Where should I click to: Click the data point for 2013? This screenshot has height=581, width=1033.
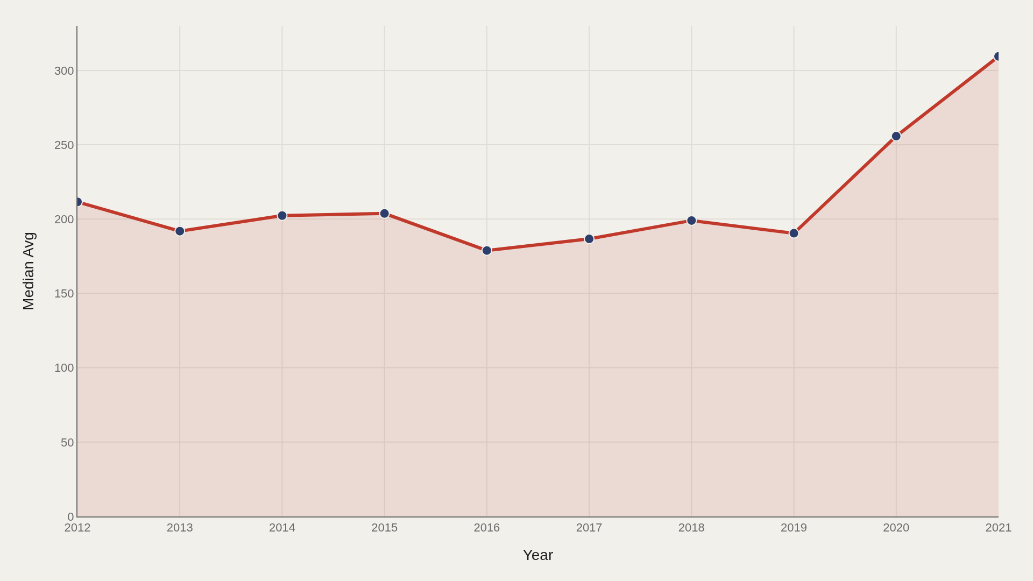pyautogui.click(x=180, y=231)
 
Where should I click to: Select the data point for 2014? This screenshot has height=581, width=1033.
pyautogui.click(x=282, y=216)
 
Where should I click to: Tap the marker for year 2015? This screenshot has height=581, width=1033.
pyautogui.click(x=384, y=214)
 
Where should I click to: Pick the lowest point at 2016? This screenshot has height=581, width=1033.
pyautogui.click(x=487, y=251)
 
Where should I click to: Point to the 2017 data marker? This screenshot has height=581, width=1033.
pyautogui.click(x=589, y=239)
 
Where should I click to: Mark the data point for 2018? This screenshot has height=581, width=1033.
pyautogui.click(x=691, y=221)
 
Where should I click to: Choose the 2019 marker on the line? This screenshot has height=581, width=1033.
pyautogui.click(x=794, y=233)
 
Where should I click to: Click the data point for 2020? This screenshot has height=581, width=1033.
pyautogui.click(x=896, y=136)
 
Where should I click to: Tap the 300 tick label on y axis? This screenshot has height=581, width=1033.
pyautogui.click(x=64, y=71)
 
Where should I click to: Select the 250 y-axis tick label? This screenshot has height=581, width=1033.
pyautogui.click(x=64, y=145)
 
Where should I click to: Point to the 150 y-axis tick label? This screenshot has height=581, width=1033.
pyautogui.click(x=64, y=294)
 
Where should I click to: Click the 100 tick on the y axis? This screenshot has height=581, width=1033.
pyautogui.click(x=64, y=368)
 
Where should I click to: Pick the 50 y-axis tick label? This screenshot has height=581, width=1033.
pyautogui.click(x=67, y=443)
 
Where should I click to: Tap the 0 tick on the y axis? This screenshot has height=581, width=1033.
pyautogui.click(x=71, y=517)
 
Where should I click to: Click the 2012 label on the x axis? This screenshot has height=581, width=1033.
pyautogui.click(x=77, y=528)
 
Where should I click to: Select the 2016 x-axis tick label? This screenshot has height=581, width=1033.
pyautogui.click(x=487, y=528)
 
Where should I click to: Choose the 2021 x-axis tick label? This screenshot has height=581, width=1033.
pyautogui.click(x=999, y=528)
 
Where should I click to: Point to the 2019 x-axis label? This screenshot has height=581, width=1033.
pyautogui.click(x=794, y=528)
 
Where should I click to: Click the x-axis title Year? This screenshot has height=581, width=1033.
pyautogui.click(x=538, y=555)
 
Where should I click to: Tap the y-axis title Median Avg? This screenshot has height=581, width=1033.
pyautogui.click(x=29, y=271)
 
